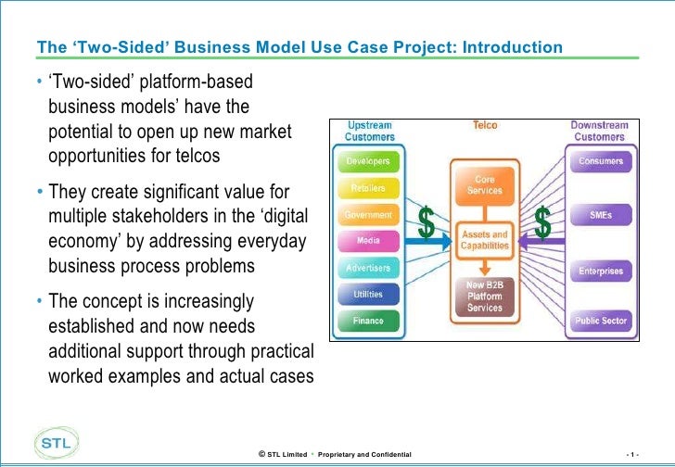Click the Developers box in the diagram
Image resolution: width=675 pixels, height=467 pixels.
(x=368, y=161)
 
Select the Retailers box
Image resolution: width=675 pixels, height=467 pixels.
(x=368, y=188)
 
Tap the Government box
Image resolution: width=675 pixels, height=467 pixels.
(x=368, y=215)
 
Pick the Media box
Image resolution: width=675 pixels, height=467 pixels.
(x=368, y=241)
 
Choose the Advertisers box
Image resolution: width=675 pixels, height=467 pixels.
(x=368, y=268)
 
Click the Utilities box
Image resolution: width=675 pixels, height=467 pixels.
(x=368, y=294)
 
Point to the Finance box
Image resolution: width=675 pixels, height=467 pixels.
(x=368, y=321)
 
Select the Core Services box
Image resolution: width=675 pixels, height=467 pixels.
(x=485, y=184)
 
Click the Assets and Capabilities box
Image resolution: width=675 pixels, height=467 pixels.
(x=485, y=241)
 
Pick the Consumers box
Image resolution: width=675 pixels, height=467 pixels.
(x=600, y=161)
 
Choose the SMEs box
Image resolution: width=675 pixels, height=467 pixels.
(x=600, y=215)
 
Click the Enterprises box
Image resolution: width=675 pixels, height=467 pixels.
(x=600, y=271)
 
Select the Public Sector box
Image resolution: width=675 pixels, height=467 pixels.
(x=600, y=321)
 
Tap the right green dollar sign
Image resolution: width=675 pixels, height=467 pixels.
(x=543, y=223)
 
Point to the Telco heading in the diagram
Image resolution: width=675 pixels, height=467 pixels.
(x=485, y=124)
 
